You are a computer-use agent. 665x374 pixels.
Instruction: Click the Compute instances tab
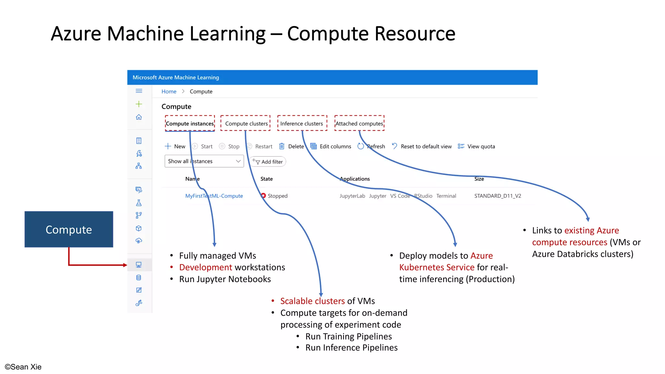pyautogui.click(x=190, y=124)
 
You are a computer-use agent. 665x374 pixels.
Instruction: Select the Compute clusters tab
pyautogui.click(x=246, y=124)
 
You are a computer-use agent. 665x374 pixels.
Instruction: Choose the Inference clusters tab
pyautogui.click(x=302, y=124)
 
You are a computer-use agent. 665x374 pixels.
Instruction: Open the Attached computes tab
pyautogui.click(x=359, y=124)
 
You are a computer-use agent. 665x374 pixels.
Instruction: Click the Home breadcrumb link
pyautogui.click(x=169, y=92)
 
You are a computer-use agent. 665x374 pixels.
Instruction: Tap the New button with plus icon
pyautogui.click(x=175, y=146)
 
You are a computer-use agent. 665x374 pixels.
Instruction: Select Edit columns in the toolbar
pyautogui.click(x=331, y=146)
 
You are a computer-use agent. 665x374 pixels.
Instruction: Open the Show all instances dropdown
pyautogui.click(x=204, y=161)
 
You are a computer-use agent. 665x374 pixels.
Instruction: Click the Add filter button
pyautogui.click(x=268, y=162)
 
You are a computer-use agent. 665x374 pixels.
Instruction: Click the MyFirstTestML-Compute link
pyautogui.click(x=214, y=196)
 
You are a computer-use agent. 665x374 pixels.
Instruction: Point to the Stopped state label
pyautogui.click(x=277, y=196)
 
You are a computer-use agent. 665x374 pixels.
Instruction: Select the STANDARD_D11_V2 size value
pyautogui.click(x=497, y=196)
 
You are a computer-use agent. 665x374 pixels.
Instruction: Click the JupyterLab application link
pyautogui.click(x=352, y=196)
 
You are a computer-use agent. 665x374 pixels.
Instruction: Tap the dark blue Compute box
pyautogui.click(x=69, y=229)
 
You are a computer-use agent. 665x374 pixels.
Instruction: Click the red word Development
pyautogui.click(x=206, y=267)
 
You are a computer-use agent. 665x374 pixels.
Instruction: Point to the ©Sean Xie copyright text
pyautogui.click(x=23, y=367)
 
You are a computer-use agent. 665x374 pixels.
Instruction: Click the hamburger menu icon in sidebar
pyautogui.click(x=139, y=91)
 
